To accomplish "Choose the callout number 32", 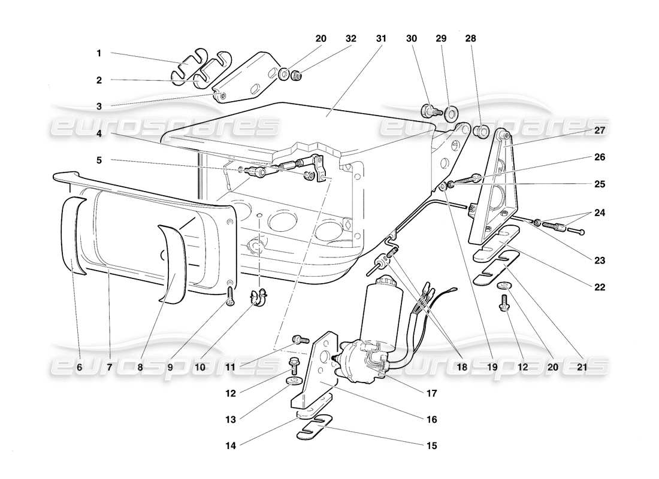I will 350,38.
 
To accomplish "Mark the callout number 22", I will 600,287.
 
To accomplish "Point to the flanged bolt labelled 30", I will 430,111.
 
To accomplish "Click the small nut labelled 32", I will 295,75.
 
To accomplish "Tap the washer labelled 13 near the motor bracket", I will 294,381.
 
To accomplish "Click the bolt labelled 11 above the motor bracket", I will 299,340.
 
